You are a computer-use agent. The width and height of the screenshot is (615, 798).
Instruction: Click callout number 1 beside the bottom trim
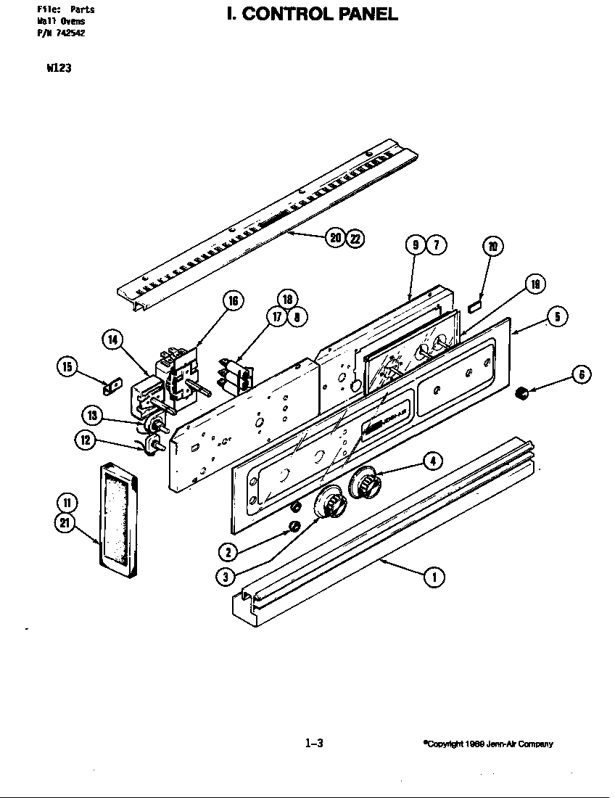434,577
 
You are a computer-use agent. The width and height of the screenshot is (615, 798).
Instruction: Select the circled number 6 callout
581,374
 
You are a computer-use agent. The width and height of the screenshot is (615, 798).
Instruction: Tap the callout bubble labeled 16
233,301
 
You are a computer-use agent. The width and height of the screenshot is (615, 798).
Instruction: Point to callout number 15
67,368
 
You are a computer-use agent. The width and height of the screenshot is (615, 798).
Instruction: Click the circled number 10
492,247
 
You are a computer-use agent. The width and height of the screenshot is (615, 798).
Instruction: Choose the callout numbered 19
534,284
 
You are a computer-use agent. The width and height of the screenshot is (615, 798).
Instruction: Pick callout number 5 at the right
557,316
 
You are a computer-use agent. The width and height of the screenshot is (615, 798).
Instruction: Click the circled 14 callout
112,340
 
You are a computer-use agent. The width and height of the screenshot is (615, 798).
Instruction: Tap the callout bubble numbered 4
432,460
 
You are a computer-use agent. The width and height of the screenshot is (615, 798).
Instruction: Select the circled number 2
228,552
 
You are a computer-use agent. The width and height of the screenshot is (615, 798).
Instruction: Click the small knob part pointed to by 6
520,393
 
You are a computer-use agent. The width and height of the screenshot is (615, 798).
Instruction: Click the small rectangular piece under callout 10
475,308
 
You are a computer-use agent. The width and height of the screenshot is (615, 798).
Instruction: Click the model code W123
58,70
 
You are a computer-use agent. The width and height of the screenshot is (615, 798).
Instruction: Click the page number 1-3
313,743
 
